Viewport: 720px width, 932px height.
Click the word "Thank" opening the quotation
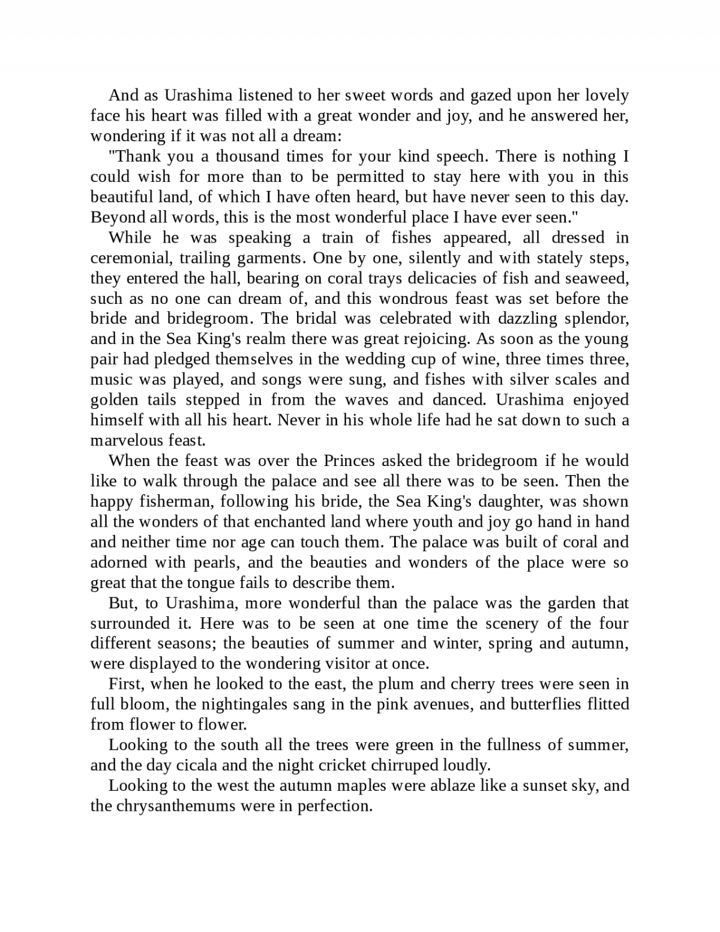[x=136, y=157]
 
